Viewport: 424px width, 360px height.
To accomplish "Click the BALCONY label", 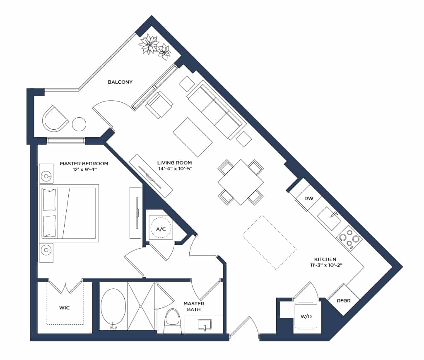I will pyautogui.click(x=120, y=82).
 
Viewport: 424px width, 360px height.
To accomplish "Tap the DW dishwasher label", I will pyautogui.click(x=308, y=198).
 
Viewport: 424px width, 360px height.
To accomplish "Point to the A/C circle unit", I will pyautogui.click(x=161, y=229).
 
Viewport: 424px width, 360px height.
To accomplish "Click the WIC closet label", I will pyautogui.click(x=65, y=308).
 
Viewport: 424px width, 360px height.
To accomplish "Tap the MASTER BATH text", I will pyautogui.click(x=194, y=307).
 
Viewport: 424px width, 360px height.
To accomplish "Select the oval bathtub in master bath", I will pyautogui.click(x=113, y=307).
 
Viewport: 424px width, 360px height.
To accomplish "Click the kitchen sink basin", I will pyautogui.click(x=330, y=219).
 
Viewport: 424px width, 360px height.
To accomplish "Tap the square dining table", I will pyautogui.click(x=241, y=182).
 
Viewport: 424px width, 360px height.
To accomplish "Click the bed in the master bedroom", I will pyautogui.click(x=69, y=213).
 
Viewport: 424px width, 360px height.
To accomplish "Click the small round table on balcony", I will pyautogui.click(x=79, y=124).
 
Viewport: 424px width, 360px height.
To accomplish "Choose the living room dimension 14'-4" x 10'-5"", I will pyautogui.click(x=174, y=169).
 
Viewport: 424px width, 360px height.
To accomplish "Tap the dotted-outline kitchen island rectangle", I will pyautogui.click(x=269, y=242).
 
